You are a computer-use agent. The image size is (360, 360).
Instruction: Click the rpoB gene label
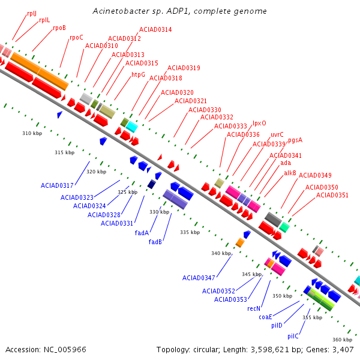coord(59,28)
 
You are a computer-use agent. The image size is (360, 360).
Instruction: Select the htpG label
coord(138,75)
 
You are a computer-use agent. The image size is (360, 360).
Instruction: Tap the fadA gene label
coord(142,233)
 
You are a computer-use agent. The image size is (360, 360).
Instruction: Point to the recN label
coord(254,308)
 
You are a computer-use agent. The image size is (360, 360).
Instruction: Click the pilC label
coord(293,337)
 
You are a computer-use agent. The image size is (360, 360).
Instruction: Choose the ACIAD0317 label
coord(57,185)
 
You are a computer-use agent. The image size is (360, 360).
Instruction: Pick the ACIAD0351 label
coord(332,195)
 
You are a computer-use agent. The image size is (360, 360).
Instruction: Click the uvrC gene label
coord(277,134)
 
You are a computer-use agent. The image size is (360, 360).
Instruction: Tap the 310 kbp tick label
coord(32,133)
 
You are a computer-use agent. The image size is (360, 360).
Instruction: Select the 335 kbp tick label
coord(190,232)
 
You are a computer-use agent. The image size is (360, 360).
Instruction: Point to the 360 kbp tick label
coord(343,340)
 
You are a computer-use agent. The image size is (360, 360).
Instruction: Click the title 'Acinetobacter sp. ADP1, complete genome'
coord(179,11)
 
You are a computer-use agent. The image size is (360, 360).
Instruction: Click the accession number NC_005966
coord(65,350)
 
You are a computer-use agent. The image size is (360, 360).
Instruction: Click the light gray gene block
coord(86,99)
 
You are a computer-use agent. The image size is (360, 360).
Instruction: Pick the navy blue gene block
coord(152,184)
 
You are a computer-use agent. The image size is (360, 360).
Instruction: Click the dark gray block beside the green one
coord(273,220)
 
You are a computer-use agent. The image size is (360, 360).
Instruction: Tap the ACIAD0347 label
coord(199,278)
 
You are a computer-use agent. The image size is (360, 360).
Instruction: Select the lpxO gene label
coord(259,123)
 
